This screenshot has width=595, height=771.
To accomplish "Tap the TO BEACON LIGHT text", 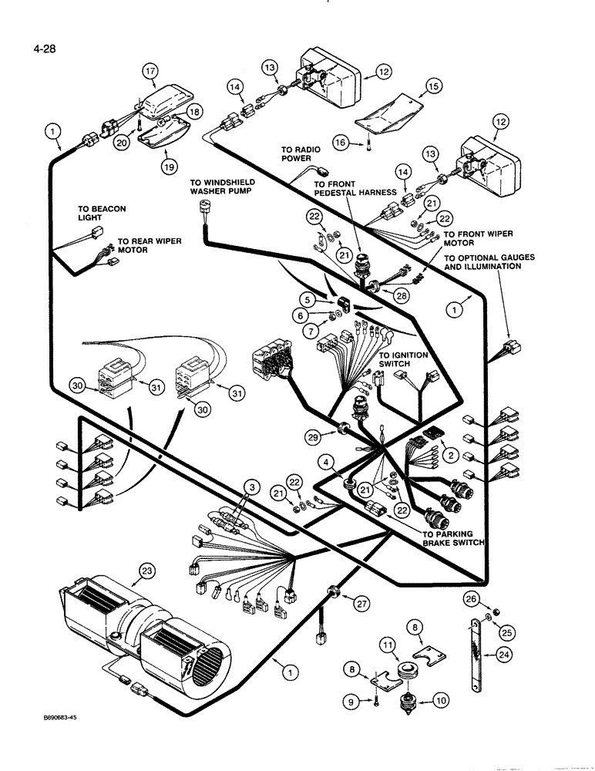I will pos(101,214).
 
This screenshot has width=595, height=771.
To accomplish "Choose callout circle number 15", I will pos(433,88).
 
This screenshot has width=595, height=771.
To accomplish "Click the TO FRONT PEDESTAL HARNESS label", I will pos(355,188).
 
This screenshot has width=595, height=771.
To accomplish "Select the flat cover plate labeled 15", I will pos(389,111).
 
